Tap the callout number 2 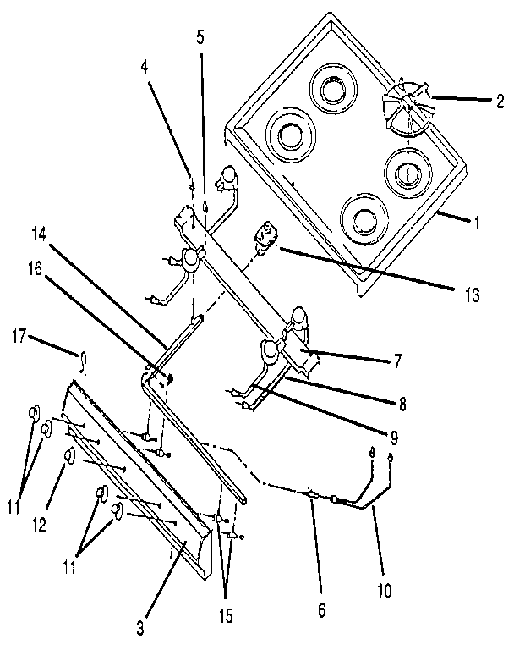(x=500, y=101)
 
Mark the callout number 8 (x=402, y=405)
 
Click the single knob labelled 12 (x=70, y=457)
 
